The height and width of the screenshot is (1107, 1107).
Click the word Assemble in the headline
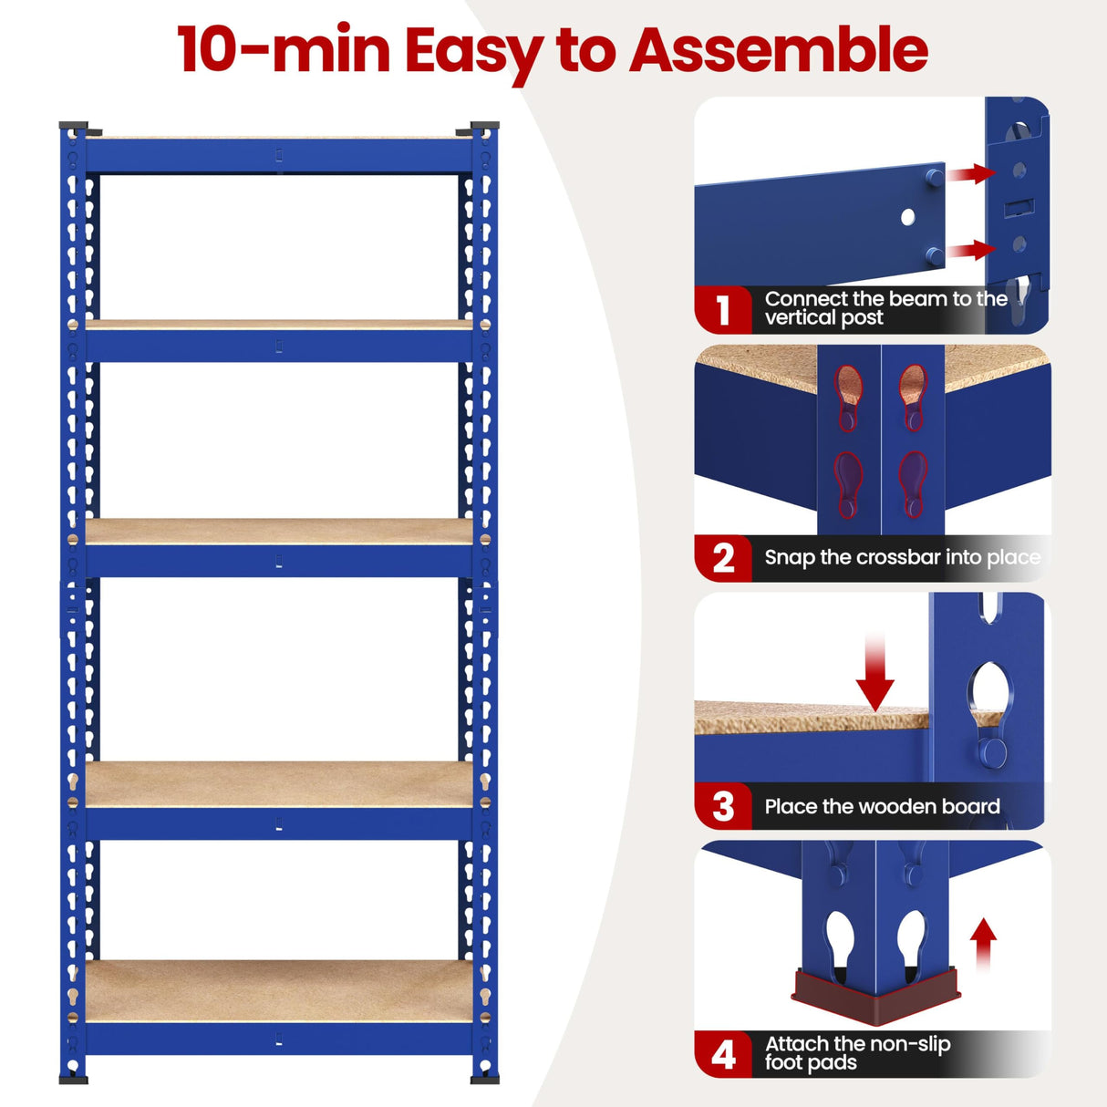click(779, 50)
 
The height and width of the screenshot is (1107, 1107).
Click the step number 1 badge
click(723, 310)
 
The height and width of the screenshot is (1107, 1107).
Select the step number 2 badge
click(723, 558)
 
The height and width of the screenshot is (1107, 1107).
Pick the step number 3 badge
click(723, 806)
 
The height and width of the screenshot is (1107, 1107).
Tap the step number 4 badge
click(723, 1054)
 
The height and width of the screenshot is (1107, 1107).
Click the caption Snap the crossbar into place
click(902, 557)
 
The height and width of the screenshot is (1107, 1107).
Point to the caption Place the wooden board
click(882, 806)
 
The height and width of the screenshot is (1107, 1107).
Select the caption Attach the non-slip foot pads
click(857, 1053)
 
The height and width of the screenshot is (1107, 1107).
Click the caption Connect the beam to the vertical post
click(885, 308)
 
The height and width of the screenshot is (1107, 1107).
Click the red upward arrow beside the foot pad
click(983, 944)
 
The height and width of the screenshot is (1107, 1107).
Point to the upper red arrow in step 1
click(972, 173)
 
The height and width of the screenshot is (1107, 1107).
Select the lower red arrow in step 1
click(972, 250)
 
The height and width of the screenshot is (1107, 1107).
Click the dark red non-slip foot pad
click(875, 996)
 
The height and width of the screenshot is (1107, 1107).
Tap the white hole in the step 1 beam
click(907, 217)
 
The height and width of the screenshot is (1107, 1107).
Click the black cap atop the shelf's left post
click(73, 126)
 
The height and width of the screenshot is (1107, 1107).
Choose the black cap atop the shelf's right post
click(484, 126)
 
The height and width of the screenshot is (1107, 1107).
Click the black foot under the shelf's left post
click(74, 1080)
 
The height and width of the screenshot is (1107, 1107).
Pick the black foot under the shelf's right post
click(484, 1080)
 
